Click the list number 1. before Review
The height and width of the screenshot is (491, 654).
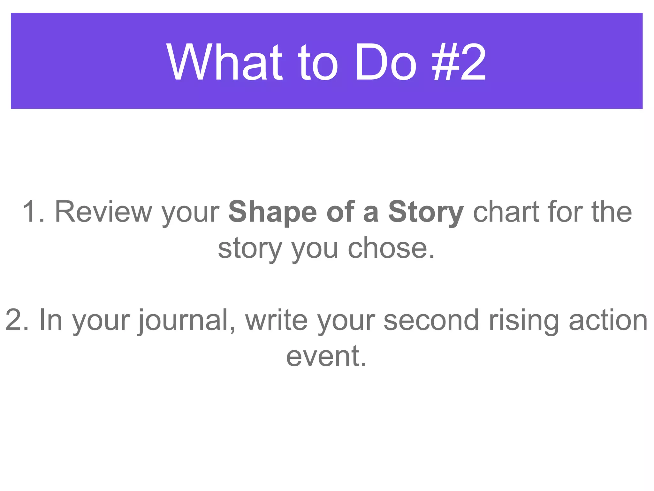pos(34,212)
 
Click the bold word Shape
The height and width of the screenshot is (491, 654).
pos(272,212)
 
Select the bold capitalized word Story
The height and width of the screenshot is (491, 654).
pos(426,212)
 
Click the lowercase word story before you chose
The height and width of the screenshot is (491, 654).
pos(250,249)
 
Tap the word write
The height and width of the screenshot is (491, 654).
pos(277,320)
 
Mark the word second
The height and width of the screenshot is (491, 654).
pos(431,320)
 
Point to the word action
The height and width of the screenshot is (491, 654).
pos(608,320)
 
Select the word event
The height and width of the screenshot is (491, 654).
pos(326,356)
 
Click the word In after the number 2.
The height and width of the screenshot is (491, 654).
pos(50,320)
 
